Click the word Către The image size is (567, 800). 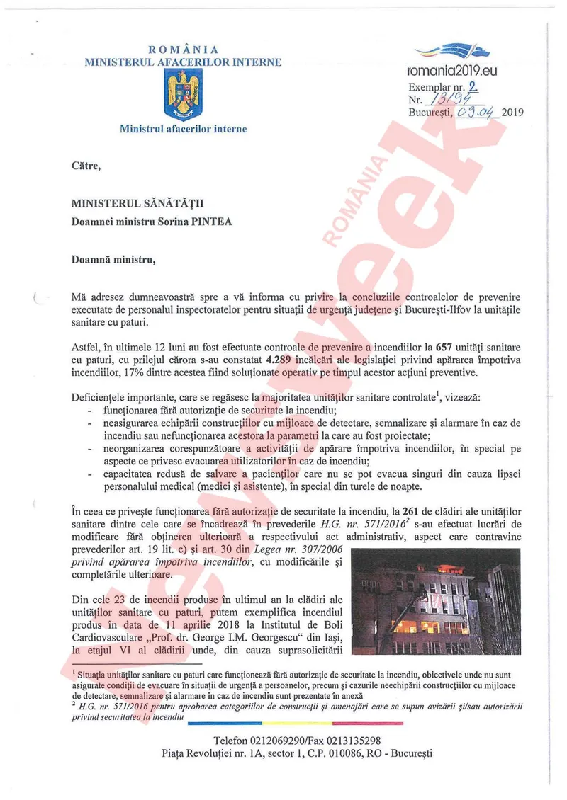tap(86, 166)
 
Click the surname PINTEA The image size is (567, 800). tap(212, 221)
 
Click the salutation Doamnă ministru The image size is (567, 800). tap(113, 259)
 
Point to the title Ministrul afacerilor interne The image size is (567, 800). tap(183, 130)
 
